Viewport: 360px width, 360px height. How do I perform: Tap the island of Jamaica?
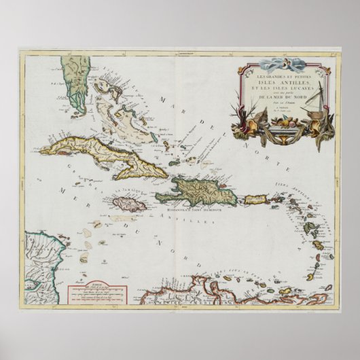coord(126,203)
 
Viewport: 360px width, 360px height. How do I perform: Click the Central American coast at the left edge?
coord(37,262)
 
